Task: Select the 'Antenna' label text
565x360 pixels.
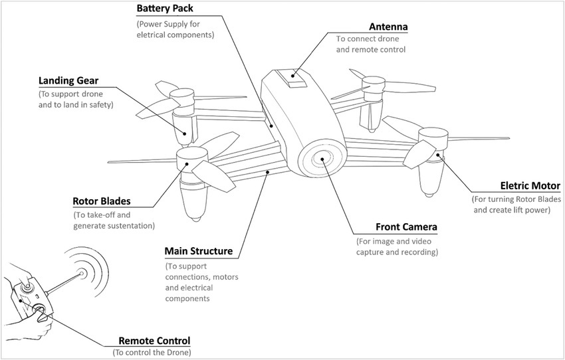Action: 388,27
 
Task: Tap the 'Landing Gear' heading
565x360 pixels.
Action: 68,81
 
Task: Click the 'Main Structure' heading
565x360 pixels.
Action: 198,252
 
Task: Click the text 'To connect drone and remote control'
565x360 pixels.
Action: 370,44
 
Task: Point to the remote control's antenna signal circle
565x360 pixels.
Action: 82,273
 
